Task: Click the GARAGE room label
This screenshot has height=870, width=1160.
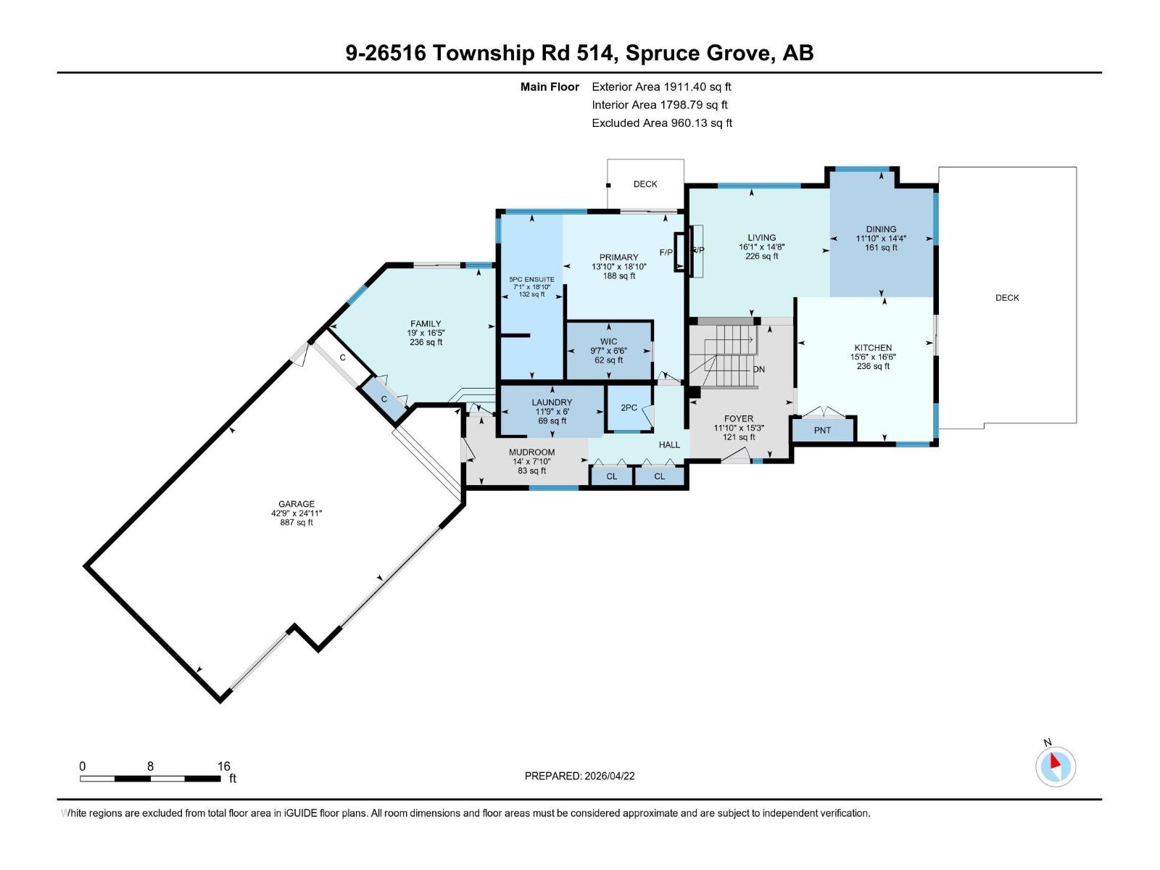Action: tap(297, 504)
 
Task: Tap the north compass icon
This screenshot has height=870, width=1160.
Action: tap(1056, 766)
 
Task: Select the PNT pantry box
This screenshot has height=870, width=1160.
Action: tap(822, 430)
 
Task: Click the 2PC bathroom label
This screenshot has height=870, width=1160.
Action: tap(629, 407)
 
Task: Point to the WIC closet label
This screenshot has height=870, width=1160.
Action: tap(608, 341)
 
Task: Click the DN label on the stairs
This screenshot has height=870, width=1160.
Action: tap(758, 369)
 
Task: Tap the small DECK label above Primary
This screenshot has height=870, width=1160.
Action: tap(645, 184)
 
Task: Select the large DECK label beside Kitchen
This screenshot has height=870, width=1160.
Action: tap(1006, 298)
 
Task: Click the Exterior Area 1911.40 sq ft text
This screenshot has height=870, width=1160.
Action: tap(661, 86)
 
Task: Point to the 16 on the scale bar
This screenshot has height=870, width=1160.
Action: tap(223, 766)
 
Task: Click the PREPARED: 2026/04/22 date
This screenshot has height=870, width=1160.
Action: tap(579, 776)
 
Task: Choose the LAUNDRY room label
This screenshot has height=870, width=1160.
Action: tap(552, 402)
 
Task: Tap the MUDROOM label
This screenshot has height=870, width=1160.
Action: tap(531, 452)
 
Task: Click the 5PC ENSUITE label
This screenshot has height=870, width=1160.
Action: tap(531, 279)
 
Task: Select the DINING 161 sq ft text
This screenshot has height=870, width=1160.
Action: tap(881, 247)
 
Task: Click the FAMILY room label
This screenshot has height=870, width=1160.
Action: tap(426, 324)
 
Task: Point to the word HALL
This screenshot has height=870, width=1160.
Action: tap(669, 444)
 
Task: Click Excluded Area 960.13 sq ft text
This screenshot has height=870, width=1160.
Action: tap(661, 123)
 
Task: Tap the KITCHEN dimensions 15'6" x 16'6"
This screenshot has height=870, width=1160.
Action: tap(873, 357)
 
